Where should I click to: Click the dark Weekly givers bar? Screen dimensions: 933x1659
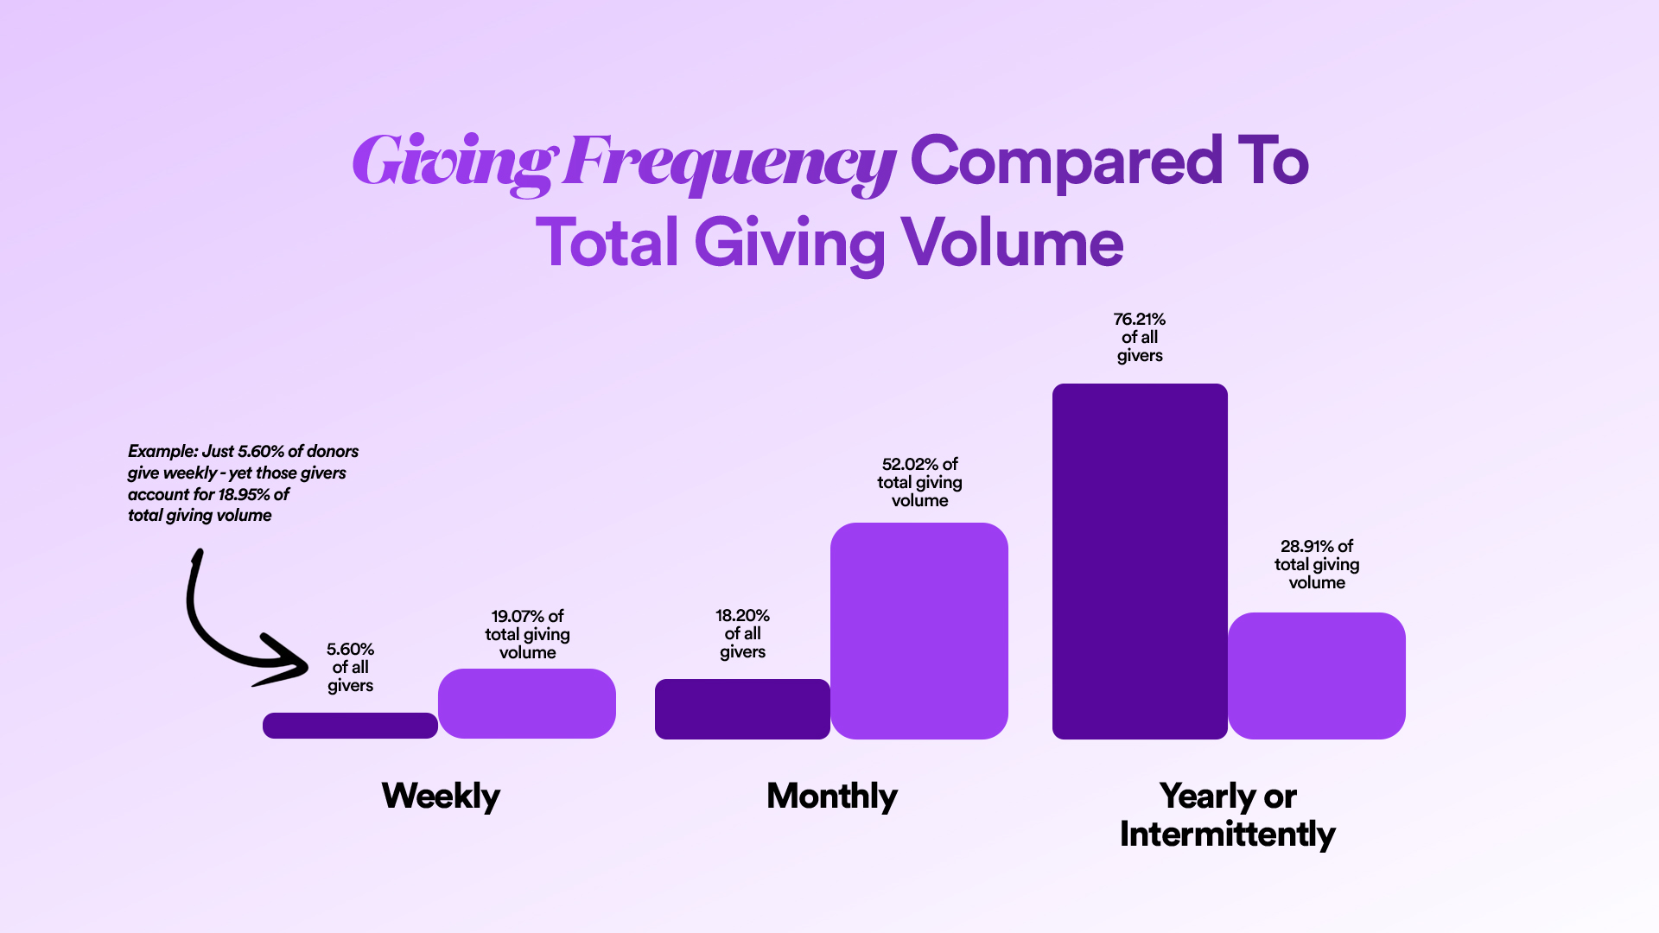350,726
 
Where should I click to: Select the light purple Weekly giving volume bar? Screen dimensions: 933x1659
527,703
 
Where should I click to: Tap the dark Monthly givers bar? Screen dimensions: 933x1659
742,709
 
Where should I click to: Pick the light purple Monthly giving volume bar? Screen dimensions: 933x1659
919,631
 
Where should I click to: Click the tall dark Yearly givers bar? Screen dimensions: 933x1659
1140,562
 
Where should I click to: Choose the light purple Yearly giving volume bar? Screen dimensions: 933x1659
1317,676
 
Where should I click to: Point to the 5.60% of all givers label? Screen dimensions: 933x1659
350,667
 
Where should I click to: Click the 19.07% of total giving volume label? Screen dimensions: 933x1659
527,634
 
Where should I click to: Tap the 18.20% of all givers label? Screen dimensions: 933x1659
742,633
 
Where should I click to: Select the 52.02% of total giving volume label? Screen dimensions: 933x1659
919,482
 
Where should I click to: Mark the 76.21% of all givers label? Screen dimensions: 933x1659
1140,337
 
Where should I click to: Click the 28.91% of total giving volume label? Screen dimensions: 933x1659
1317,564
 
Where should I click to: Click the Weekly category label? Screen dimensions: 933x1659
441,796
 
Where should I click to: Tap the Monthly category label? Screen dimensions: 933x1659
832,796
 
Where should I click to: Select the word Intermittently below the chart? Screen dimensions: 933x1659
1227,835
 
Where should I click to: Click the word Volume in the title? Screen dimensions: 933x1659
1012,243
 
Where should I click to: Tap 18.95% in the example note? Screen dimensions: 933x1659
245,494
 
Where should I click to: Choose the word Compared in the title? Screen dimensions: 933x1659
1066,162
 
